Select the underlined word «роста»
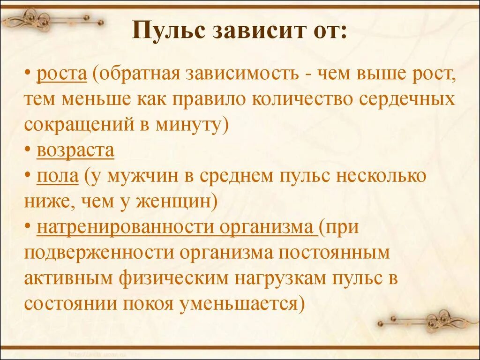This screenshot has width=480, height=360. tap(62, 74)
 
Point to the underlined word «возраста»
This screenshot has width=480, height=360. tap(75, 150)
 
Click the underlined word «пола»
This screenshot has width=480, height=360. tap(58, 176)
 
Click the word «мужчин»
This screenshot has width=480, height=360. tap(146, 176)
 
